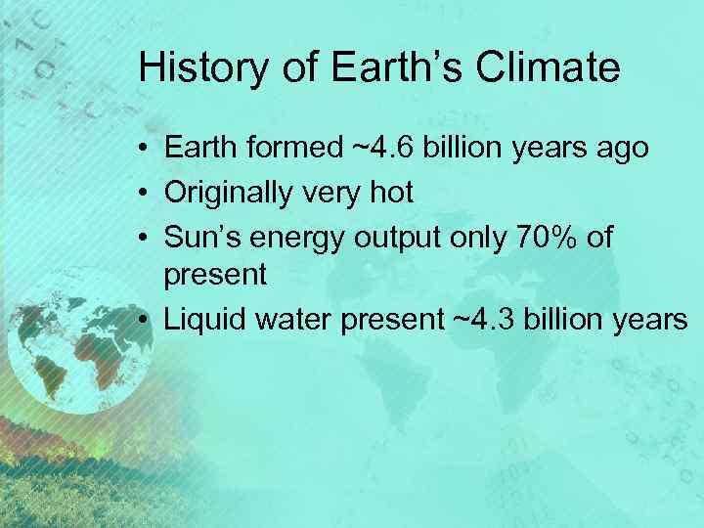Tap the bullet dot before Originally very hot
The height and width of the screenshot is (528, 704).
[144, 193]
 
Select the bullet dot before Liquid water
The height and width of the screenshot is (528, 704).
[144, 320]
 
